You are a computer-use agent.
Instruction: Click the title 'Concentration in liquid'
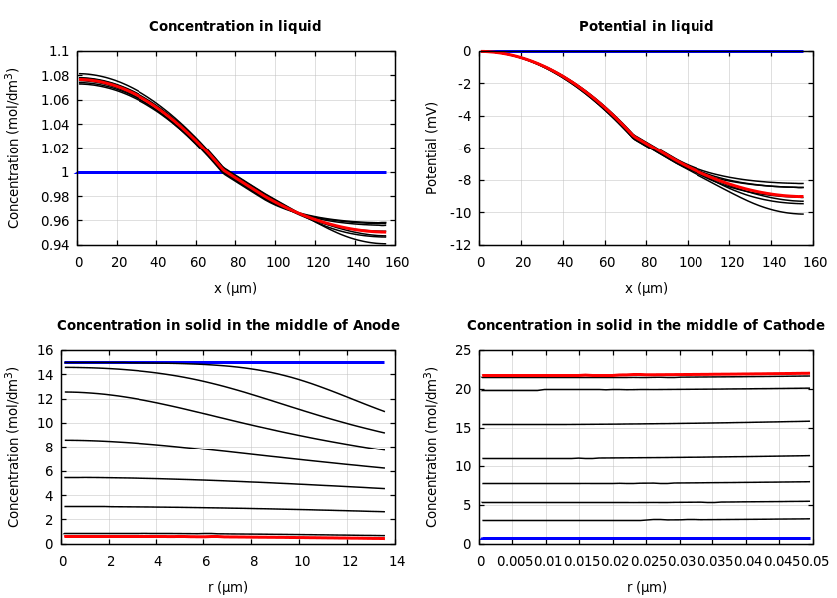[235, 27]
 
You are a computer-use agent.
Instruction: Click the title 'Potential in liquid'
[646, 27]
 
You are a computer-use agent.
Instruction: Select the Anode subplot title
[228, 326]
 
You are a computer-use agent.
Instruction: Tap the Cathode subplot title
[646, 326]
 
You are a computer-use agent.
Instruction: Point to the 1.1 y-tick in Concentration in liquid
[59, 52]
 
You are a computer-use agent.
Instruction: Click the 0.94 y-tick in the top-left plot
[56, 245]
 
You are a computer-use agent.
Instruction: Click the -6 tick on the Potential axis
[464, 149]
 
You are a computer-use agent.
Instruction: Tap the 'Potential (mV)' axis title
[432, 148]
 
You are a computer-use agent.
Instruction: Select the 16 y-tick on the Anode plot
[44, 351]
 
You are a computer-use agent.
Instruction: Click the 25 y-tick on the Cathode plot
[462, 351]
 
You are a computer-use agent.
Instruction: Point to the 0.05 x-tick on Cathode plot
[814, 562]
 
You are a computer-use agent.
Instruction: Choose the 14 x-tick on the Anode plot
[396, 562]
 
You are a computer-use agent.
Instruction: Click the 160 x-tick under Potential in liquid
[815, 263]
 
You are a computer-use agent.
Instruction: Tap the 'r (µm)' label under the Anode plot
[228, 587]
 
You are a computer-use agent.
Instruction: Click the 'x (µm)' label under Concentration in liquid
[235, 288]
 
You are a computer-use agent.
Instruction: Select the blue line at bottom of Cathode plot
[646, 539]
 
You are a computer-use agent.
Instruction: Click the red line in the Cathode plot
[697, 375]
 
